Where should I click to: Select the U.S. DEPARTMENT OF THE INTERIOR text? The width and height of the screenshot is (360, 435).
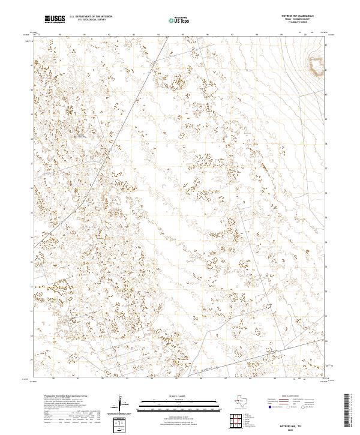91,17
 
